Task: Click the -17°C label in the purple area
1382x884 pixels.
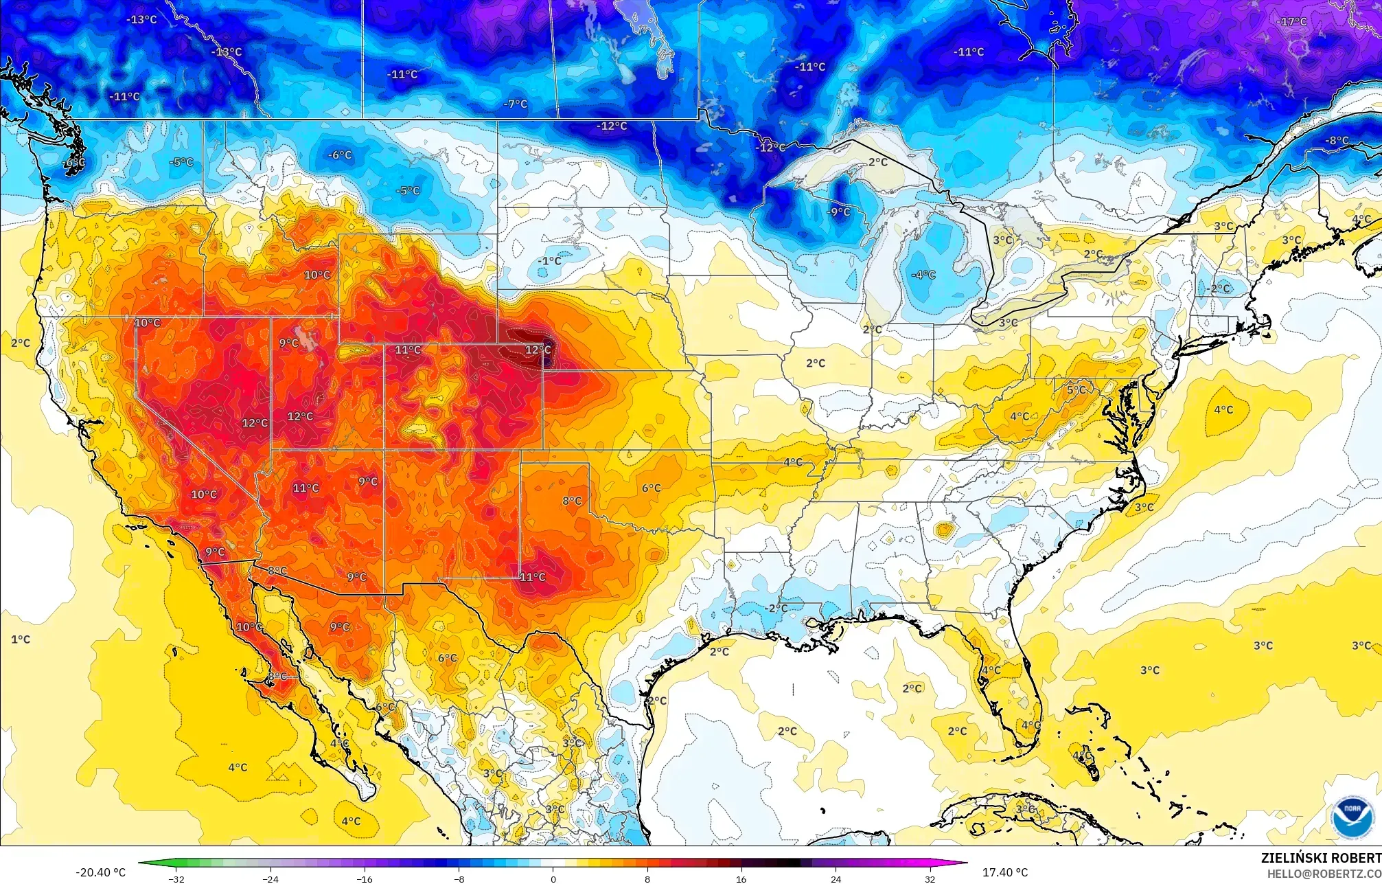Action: point(1291,22)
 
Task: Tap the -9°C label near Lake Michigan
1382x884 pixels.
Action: point(838,212)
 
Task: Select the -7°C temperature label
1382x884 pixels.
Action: point(516,104)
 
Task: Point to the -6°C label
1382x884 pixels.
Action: point(340,155)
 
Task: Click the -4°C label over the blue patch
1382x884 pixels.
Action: point(923,275)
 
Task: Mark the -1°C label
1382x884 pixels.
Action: point(550,261)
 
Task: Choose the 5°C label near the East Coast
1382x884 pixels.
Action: point(1076,390)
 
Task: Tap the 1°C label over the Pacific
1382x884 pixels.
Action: point(21,639)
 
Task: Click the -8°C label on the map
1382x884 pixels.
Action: point(1337,141)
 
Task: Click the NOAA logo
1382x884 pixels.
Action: point(1352,817)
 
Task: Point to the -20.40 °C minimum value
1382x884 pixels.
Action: point(100,872)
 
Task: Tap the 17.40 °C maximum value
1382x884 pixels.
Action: point(1005,872)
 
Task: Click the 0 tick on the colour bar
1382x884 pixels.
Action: point(553,879)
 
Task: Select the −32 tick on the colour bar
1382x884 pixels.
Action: point(176,879)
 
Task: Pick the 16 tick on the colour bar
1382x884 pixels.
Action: point(741,879)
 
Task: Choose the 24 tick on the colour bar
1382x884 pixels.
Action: point(836,879)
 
